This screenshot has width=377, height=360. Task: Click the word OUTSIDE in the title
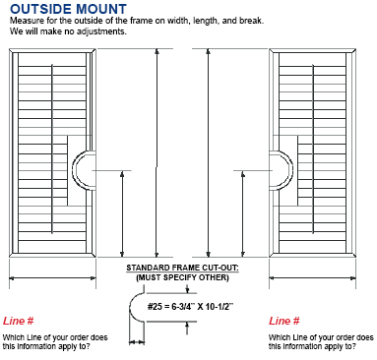click(x=41, y=9)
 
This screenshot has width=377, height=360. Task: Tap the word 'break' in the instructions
click(x=251, y=21)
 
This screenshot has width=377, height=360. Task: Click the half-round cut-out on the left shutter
click(x=74, y=170)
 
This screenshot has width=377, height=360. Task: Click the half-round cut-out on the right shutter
click(x=290, y=170)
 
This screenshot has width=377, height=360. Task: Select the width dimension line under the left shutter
click(x=52, y=278)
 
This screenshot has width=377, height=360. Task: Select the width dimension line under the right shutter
click(x=312, y=278)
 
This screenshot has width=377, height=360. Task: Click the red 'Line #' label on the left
click(x=19, y=321)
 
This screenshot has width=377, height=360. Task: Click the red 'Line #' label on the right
click(x=284, y=321)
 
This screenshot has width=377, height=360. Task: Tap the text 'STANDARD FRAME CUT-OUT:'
click(x=183, y=268)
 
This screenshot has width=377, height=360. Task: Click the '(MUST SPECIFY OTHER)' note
click(x=183, y=277)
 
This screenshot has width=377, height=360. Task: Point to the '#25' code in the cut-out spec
click(x=155, y=307)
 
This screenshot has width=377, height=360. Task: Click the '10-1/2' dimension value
click(x=220, y=307)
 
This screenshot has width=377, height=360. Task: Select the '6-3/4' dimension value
click(x=181, y=307)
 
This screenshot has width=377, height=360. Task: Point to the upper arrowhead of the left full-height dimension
click(x=157, y=51)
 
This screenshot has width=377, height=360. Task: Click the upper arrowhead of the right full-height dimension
click(x=208, y=51)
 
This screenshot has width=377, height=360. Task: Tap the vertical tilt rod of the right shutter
click(x=313, y=149)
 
